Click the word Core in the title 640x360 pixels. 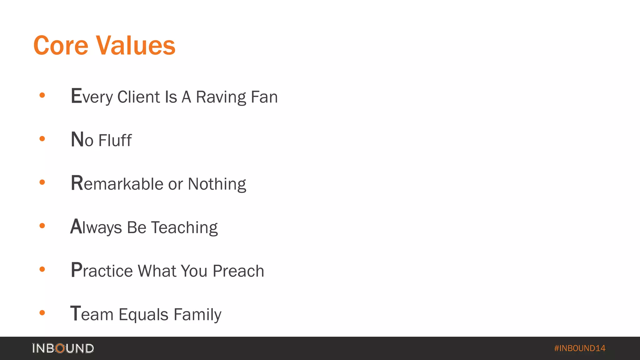pos(61,46)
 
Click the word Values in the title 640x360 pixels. pos(135,46)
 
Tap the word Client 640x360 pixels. pos(138,97)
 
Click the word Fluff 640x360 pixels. pos(115,140)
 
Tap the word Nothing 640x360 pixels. pos(217,184)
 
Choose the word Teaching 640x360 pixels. pos(184,227)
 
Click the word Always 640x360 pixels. pos(96,227)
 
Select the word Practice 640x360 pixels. pos(102,271)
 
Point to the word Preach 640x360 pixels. pos(238,271)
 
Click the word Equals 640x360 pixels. pos(143,315)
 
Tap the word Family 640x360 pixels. pos(197,315)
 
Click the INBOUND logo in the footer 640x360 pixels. pos(63,348)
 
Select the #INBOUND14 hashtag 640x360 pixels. pos(579,348)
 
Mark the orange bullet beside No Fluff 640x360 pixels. pos(42,139)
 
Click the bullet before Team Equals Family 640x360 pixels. pos(42,313)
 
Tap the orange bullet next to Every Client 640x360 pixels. pos(42,95)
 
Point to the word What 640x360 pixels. pos(157,271)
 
